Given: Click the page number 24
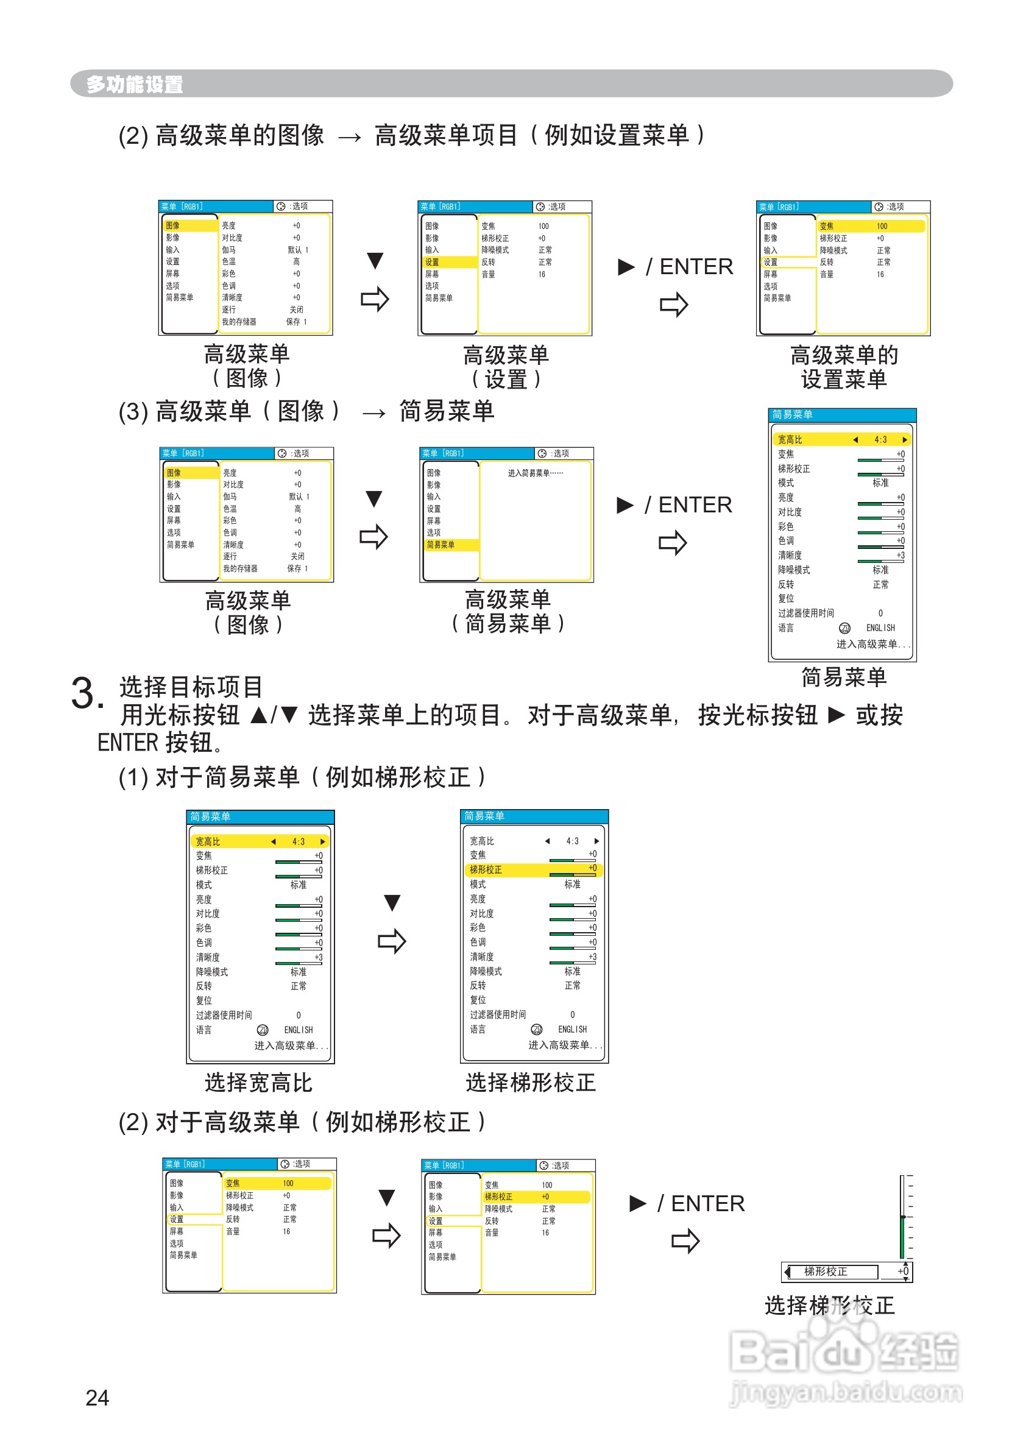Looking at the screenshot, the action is (x=97, y=1398).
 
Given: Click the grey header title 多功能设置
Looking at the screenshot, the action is (x=135, y=84).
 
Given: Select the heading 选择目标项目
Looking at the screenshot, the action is (x=191, y=687).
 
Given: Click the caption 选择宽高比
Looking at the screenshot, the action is (x=258, y=1082).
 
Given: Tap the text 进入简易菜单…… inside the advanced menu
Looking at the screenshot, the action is (x=535, y=473).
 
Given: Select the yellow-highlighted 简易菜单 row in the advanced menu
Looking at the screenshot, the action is (x=449, y=545).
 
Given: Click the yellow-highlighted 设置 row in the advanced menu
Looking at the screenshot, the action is (x=448, y=262).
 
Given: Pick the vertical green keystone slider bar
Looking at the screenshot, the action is (x=902, y=1217).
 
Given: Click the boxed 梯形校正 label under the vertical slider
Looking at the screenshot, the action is (x=825, y=1271).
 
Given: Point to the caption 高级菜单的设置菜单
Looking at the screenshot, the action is (x=843, y=367).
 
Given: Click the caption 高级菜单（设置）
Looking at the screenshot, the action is (x=506, y=367).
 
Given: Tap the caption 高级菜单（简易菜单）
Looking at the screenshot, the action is (x=508, y=612).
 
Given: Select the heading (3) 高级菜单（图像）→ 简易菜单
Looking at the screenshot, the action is (x=306, y=411).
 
